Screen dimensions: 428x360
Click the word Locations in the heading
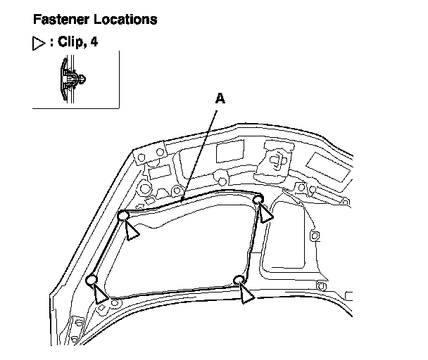pyautogui.click(x=125, y=19)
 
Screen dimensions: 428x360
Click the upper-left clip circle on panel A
pyautogui.click(x=122, y=215)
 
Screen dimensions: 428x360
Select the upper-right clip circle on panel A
pyautogui.click(x=258, y=200)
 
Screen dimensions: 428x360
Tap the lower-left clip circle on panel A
pyautogui.click(x=92, y=281)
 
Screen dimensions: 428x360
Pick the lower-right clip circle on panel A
pyautogui.click(x=240, y=280)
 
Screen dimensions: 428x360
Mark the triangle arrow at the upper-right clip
pyautogui.click(x=266, y=214)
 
